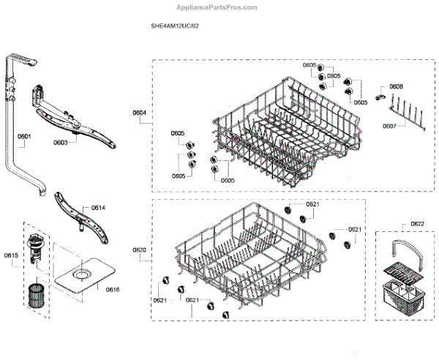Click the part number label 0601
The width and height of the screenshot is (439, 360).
[x=24, y=137]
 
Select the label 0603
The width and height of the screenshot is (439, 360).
[x=61, y=143]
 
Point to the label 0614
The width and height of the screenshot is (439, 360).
[x=98, y=209]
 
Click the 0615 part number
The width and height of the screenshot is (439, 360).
[x=11, y=255]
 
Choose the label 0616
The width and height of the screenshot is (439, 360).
[x=112, y=290]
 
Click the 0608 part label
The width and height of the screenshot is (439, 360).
[x=396, y=86]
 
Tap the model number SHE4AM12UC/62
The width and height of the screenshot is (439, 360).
[x=174, y=26]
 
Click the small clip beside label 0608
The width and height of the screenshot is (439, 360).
[x=380, y=94]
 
